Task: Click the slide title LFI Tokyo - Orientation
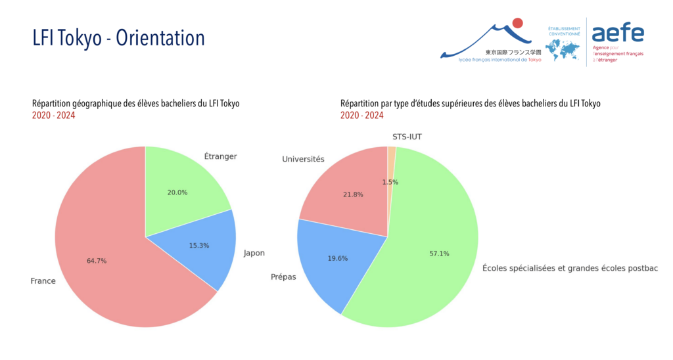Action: pyautogui.click(x=118, y=37)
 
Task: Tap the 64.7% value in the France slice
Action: pyautogui.click(x=97, y=261)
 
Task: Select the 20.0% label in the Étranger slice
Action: pyautogui.click(x=177, y=192)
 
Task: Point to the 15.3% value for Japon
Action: pyautogui.click(x=199, y=246)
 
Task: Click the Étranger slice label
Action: pyautogui.click(x=220, y=156)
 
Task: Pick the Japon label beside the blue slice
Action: pyautogui.click(x=254, y=253)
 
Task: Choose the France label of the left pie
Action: pyautogui.click(x=43, y=281)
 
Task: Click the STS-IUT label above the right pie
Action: pyautogui.click(x=407, y=137)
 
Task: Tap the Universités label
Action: pyautogui.click(x=303, y=159)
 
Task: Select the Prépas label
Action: pyautogui.click(x=283, y=277)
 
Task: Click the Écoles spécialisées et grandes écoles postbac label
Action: pyautogui.click(x=570, y=269)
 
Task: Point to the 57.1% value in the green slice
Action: pyautogui.click(x=439, y=254)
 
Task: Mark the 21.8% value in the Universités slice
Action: pyautogui.click(x=353, y=195)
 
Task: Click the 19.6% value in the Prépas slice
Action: pyautogui.click(x=338, y=259)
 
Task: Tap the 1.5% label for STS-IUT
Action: pyautogui.click(x=390, y=183)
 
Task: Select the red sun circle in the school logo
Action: pyautogui.click(x=518, y=23)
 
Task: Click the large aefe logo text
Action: pyautogui.click(x=618, y=33)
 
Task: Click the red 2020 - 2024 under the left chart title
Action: pyautogui.click(x=54, y=116)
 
